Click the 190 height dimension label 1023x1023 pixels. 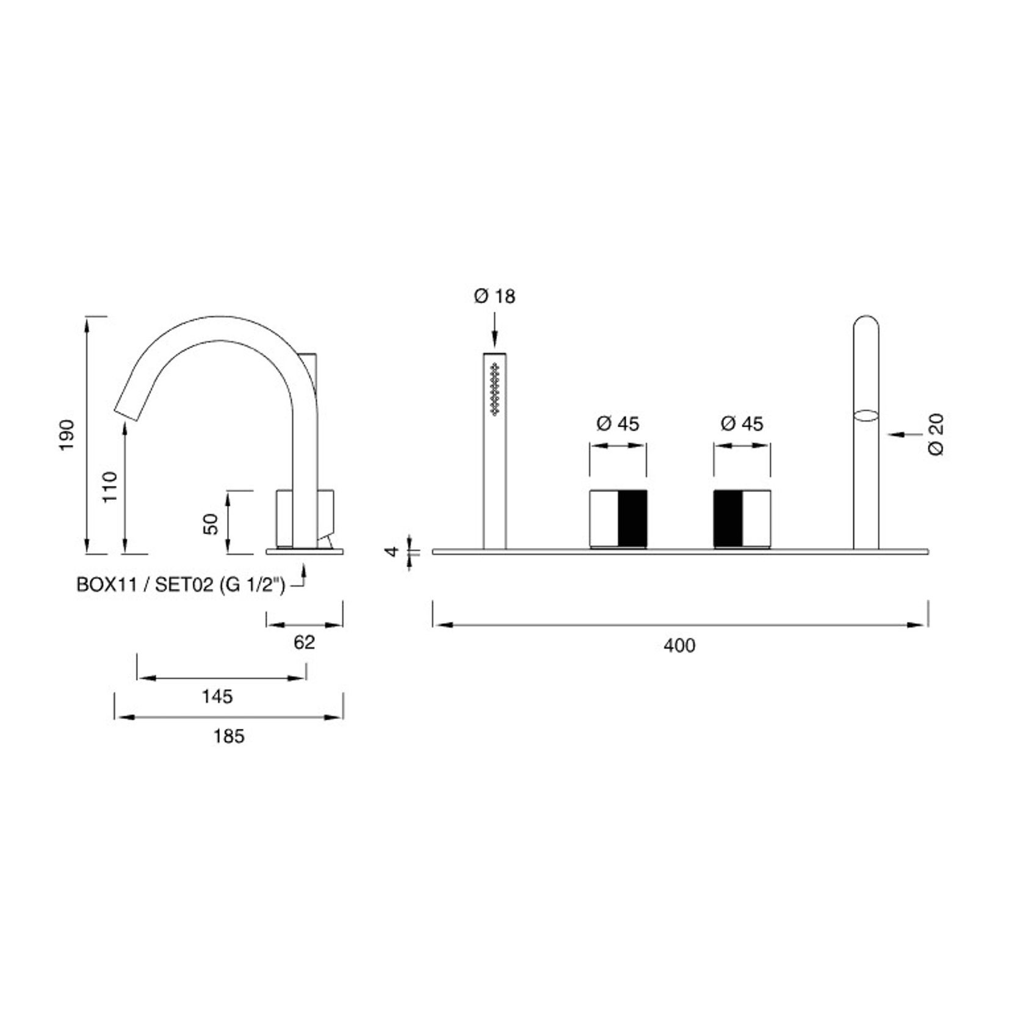pos(67,435)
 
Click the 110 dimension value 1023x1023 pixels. pos(110,487)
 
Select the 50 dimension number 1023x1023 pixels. pos(211,524)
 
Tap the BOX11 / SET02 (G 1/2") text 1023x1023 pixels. pos(181,585)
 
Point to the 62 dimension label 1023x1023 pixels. pos(304,642)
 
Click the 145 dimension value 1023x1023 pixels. pos(217,696)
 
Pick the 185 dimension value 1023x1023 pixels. pos(228,737)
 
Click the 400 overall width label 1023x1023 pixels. pos(679,645)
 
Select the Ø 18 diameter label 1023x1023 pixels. pos(494,297)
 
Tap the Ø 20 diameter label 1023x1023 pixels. pos(936,435)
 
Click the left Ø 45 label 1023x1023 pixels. pos(617,424)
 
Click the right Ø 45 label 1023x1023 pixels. pos(742,424)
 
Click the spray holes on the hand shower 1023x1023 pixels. pos(494,389)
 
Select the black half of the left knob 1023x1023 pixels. pos(632,518)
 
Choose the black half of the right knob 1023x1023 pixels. pos(728,518)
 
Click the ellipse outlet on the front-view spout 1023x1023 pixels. pos(866,416)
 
